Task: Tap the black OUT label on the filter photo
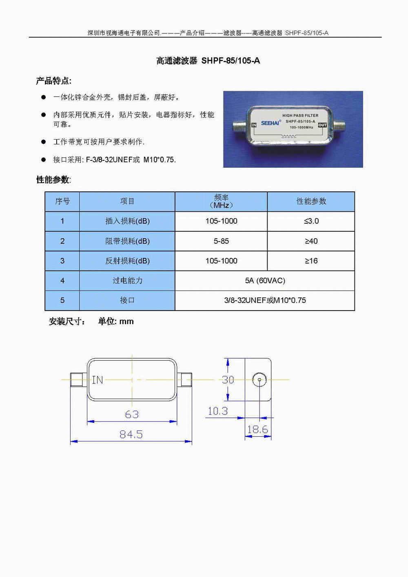tap(322, 125)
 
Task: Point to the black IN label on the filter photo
tap(254, 125)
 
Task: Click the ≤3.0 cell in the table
tap(311, 221)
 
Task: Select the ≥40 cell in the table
tap(311, 241)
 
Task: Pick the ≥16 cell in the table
tap(311, 261)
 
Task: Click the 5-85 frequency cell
tap(221, 241)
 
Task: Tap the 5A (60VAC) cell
tap(265, 280)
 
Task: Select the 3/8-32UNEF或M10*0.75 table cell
tap(265, 300)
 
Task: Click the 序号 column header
tap(62, 202)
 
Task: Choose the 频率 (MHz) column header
tap(221, 202)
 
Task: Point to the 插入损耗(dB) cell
tap(127, 221)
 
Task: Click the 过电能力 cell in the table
tap(127, 280)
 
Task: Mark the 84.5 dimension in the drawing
tap(131, 435)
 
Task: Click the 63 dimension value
tap(132, 415)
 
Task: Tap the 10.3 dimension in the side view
tap(217, 411)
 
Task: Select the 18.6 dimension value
tap(257, 429)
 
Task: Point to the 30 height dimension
tap(228, 379)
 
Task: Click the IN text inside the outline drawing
tap(98, 380)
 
